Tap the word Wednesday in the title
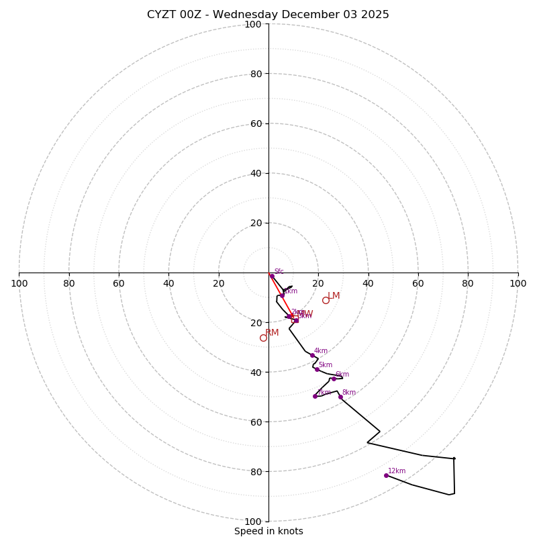(x=242, y=15)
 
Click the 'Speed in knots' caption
(x=268, y=531)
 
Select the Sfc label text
(x=279, y=272)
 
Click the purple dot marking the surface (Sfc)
(x=272, y=276)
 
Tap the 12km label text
(x=397, y=471)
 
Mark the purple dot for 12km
(x=386, y=475)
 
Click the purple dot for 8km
(x=340, y=397)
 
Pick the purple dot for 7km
(x=315, y=396)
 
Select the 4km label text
(x=321, y=351)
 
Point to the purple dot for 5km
(x=317, y=369)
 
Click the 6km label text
(x=342, y=375)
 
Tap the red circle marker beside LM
(x=326, y=300)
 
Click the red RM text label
(x=272, y=333)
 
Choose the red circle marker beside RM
(x=263, y=338)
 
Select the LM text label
(x=334, y=296)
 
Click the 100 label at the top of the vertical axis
(x=253, y=24)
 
